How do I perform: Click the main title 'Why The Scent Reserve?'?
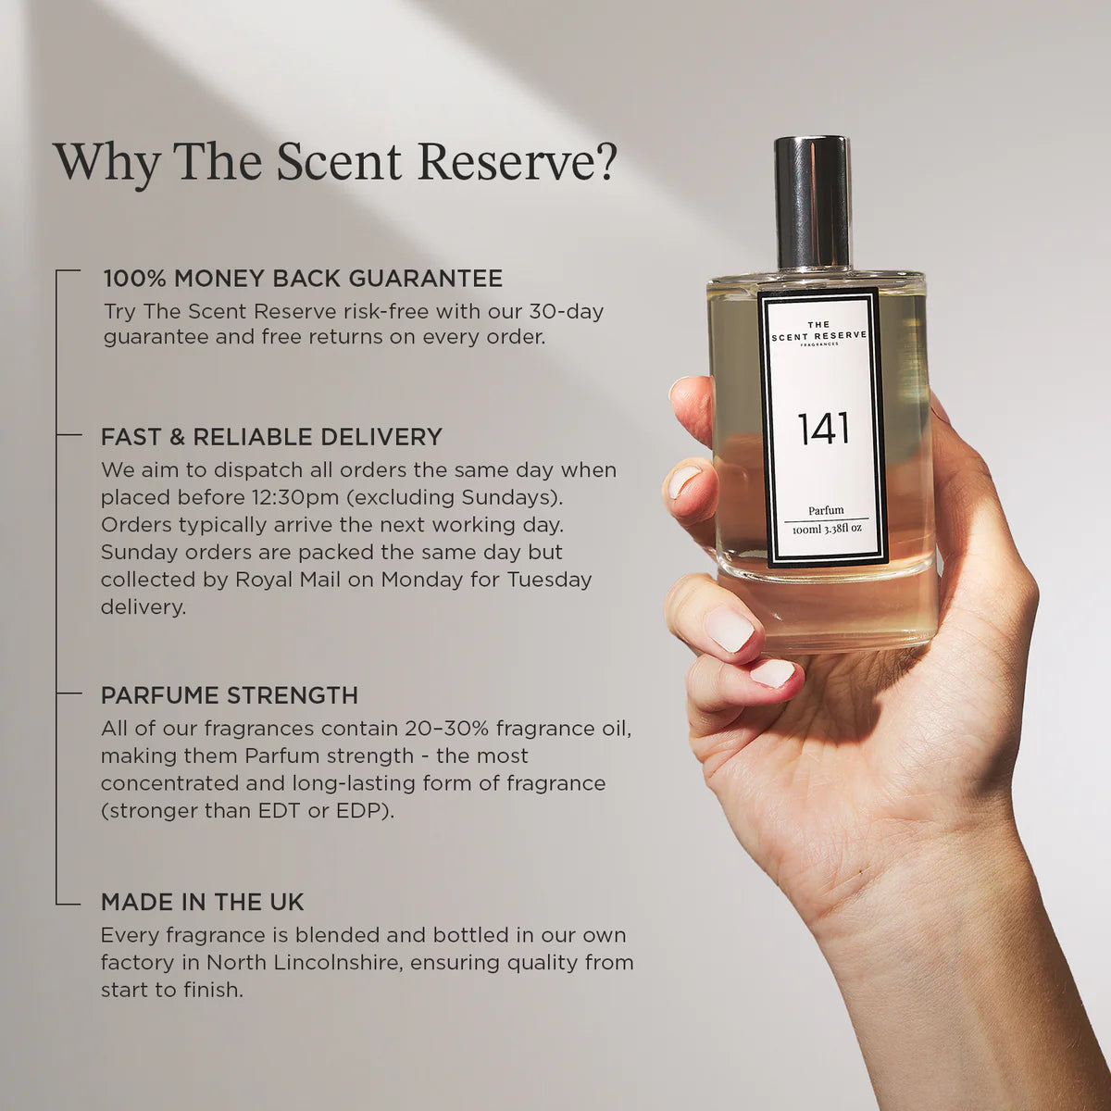[334, 161]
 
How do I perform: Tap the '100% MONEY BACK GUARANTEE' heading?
[303, 278]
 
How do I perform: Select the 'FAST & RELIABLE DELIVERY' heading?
[271, 436]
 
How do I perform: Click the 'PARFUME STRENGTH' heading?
[229, 694]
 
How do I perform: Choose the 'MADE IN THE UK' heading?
[202, 902]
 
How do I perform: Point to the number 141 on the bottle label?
[823, 429]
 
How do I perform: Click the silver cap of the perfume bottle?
[812, 202]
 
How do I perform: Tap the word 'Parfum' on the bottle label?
[825, 510]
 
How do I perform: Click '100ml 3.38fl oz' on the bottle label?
[826, 528]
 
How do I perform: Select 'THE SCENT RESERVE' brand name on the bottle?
[819, 331]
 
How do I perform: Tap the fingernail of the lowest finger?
[771, 673]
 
